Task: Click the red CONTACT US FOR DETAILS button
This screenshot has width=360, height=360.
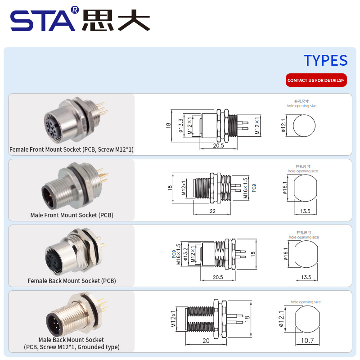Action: (x=316, y=80)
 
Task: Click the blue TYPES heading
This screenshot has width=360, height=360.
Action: (x=325, y=60)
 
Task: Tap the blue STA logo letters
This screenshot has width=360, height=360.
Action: (x=43, y=20)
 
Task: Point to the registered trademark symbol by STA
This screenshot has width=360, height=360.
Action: (x=75, y=10)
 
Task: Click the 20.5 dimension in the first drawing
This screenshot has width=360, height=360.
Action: (x=218, y=145)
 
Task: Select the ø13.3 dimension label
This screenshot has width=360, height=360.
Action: (x=181, y=126)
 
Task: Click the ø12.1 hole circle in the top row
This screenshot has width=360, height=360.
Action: (x=304, y=126)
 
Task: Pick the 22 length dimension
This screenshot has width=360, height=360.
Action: (x=212, y=211)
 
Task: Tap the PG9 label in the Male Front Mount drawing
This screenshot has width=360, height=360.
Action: (x=254, y=188)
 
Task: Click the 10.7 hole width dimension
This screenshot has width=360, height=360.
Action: (x=307, y=340)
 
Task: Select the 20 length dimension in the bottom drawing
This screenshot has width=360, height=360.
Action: (x=206, y=341)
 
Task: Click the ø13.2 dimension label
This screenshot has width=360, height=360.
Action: (x=185, y=254)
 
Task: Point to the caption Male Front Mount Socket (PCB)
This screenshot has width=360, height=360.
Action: (x=72, y=215)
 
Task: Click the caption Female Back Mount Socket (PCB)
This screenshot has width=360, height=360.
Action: (x=72, y=281)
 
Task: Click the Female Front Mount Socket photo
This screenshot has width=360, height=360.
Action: (x=76, y=121)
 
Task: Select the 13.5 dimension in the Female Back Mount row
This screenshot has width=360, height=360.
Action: (x=306, y=277)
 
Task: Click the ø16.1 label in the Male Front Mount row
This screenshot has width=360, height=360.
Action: (x=285, y=188)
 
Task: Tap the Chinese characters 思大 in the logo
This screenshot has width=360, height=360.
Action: (x=116, y=20)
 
